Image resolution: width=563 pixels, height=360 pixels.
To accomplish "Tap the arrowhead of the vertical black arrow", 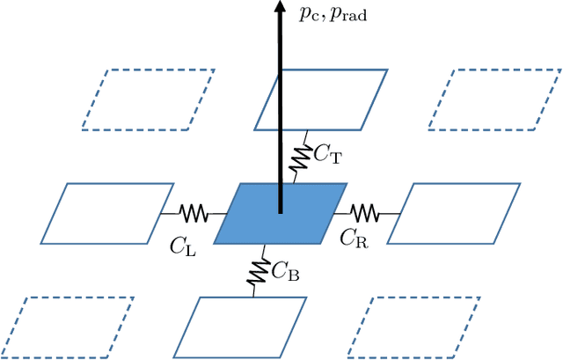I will click(281, 8).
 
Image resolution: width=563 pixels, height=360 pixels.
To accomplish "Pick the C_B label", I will click(285, 272).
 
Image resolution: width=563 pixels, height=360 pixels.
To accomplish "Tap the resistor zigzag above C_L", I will click(193, 213).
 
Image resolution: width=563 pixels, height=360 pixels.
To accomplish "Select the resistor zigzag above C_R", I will click(362, 212).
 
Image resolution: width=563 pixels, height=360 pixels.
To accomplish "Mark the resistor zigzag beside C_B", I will click(260, 270).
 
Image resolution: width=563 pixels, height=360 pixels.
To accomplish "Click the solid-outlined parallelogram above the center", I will click(320, 99).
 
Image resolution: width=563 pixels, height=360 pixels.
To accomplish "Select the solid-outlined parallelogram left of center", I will click(106, 213).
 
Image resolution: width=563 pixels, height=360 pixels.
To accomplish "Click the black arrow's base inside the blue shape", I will click(281, 209).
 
